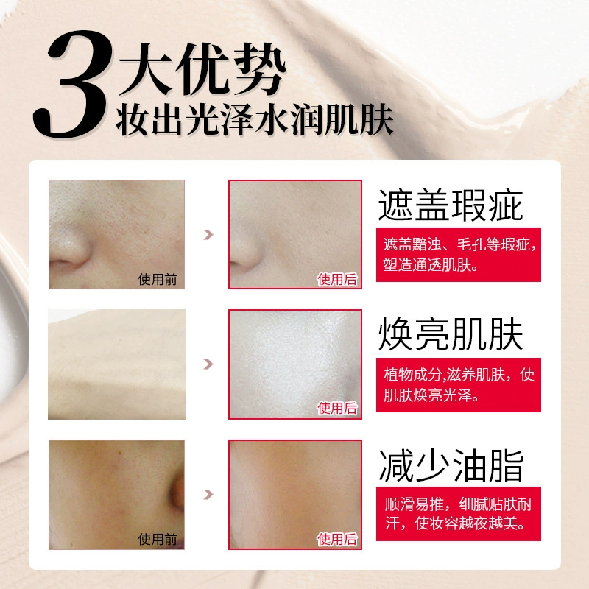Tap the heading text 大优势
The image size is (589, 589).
pos(202,68)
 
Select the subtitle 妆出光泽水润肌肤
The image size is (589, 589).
pos(254,120)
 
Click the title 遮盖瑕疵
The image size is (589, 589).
pos(450,205)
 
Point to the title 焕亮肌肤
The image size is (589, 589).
pos(450,334)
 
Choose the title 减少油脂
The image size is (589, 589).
pos(450,465)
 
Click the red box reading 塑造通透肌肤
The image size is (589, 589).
pos(458,254)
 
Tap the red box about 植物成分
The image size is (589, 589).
pos(458,384)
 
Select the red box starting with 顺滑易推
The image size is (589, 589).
pos(458,513)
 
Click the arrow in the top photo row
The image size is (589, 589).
pos(208,235)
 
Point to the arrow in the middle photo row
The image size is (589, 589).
pos(208,364)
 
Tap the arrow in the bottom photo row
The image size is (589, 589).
pos(208,494)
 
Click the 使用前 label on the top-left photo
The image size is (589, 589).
pos(158,279)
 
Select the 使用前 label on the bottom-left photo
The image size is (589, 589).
pos(158,539)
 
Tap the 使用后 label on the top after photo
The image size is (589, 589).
pos(337,279)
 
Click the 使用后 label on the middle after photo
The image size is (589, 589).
pos(337,409)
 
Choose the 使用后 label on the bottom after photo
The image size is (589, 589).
pos(337,539)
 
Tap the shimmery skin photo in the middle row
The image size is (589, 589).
pos(295,364)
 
